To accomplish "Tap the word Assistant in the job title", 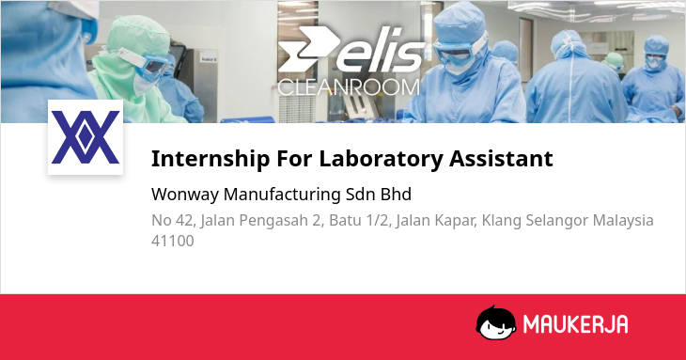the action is (x=502, y=158).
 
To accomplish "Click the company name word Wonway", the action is (x=184, y=195).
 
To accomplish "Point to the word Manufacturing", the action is (x=282, y=195).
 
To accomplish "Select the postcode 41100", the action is (x=172, y=241).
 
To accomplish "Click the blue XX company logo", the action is (x=86, y=137).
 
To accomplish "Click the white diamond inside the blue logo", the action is (x=86, y=137).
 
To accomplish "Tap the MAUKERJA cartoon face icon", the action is (x=495, y=322).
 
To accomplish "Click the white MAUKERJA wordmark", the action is (x=576, y=324).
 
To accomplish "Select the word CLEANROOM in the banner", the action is (x=349, y=87).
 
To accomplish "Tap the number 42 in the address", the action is (x=184, y=221).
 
